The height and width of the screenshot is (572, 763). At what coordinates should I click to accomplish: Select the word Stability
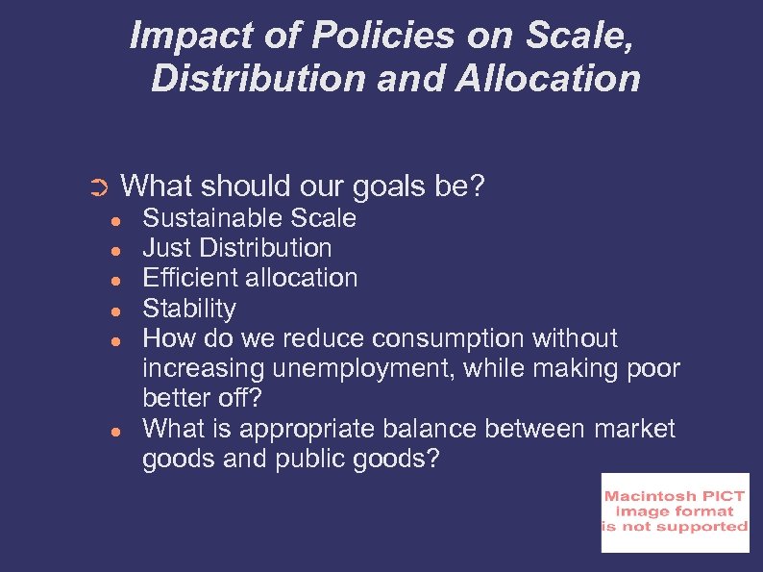(188, 309)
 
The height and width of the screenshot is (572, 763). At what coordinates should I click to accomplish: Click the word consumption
(447, 338)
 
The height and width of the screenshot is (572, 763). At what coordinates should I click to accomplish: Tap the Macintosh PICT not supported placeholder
(675, 512)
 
